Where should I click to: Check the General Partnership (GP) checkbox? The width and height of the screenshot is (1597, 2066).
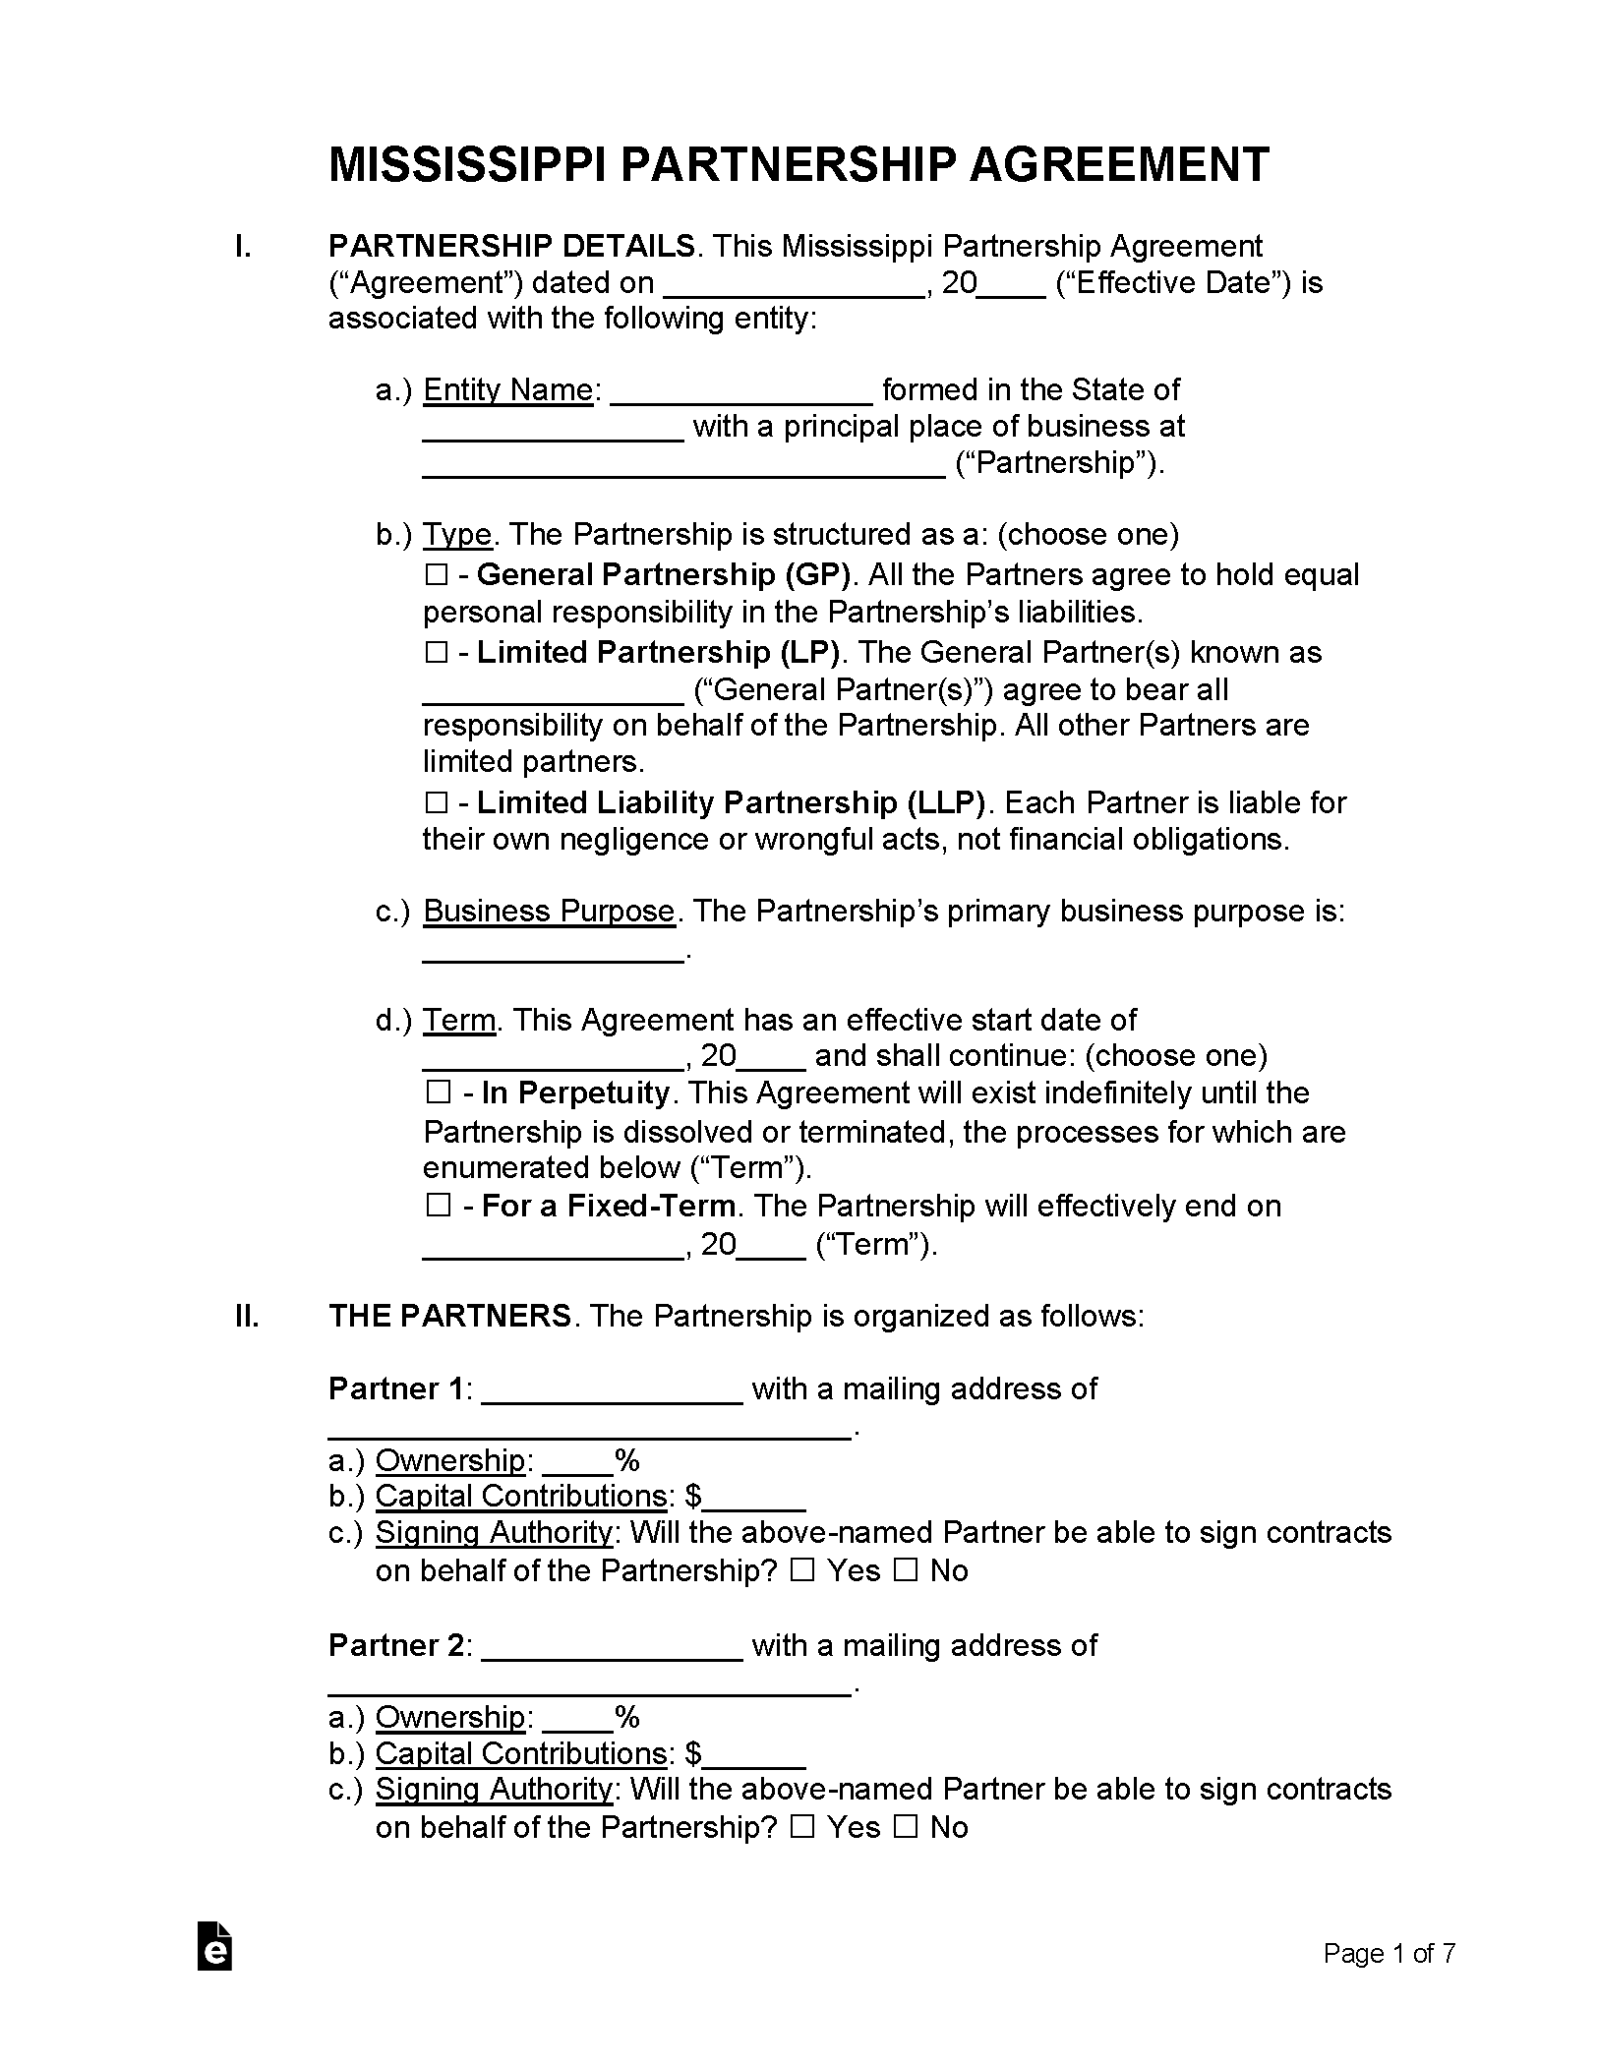pos(437,574)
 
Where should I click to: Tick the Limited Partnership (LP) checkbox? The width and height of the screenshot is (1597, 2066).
pos(437,652)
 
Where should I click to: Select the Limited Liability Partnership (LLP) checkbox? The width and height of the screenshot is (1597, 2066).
pos(437,803)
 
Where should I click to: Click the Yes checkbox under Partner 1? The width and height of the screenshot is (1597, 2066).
pos(802,1570)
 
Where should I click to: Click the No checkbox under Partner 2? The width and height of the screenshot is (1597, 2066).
pos(905,1827)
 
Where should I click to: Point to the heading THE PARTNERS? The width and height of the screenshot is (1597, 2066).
pos(449,1316)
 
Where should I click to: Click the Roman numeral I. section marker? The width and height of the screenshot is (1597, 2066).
pos(242,246)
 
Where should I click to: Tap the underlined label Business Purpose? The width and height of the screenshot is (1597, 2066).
pos(549,911)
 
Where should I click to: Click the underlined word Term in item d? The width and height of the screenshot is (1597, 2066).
pos(458,1020)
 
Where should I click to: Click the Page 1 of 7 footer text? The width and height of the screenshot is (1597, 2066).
pos(1388,1953)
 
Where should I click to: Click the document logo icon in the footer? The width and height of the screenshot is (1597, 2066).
pos(214,1945)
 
